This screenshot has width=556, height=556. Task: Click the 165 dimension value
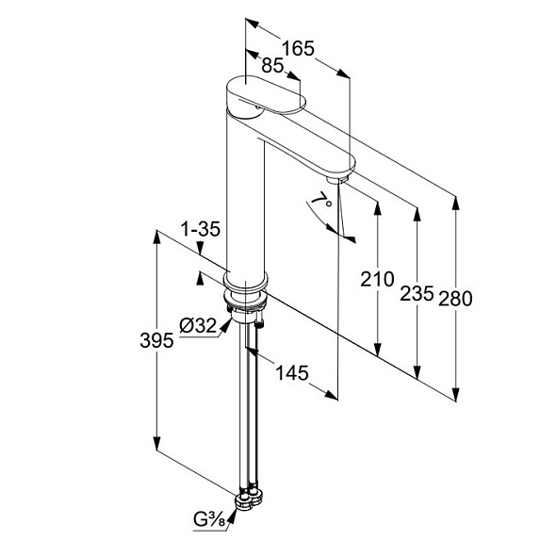(x=298, y=48)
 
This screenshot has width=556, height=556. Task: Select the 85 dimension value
(x=272, y=66)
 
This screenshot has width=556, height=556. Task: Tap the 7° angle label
(x=322, y=202)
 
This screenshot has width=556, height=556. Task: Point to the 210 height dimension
(x=377, y=279)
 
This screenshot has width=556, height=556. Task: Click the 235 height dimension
(x=417, y=294)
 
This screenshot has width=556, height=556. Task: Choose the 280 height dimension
(x=456, y=299)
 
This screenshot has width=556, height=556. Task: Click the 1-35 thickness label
(x=201, y=229)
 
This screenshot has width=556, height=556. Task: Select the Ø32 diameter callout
(x=198, y=325)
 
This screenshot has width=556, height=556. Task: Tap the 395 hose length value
(x=156, y=341)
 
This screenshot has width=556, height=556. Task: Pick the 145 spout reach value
(x=292, y=373)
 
